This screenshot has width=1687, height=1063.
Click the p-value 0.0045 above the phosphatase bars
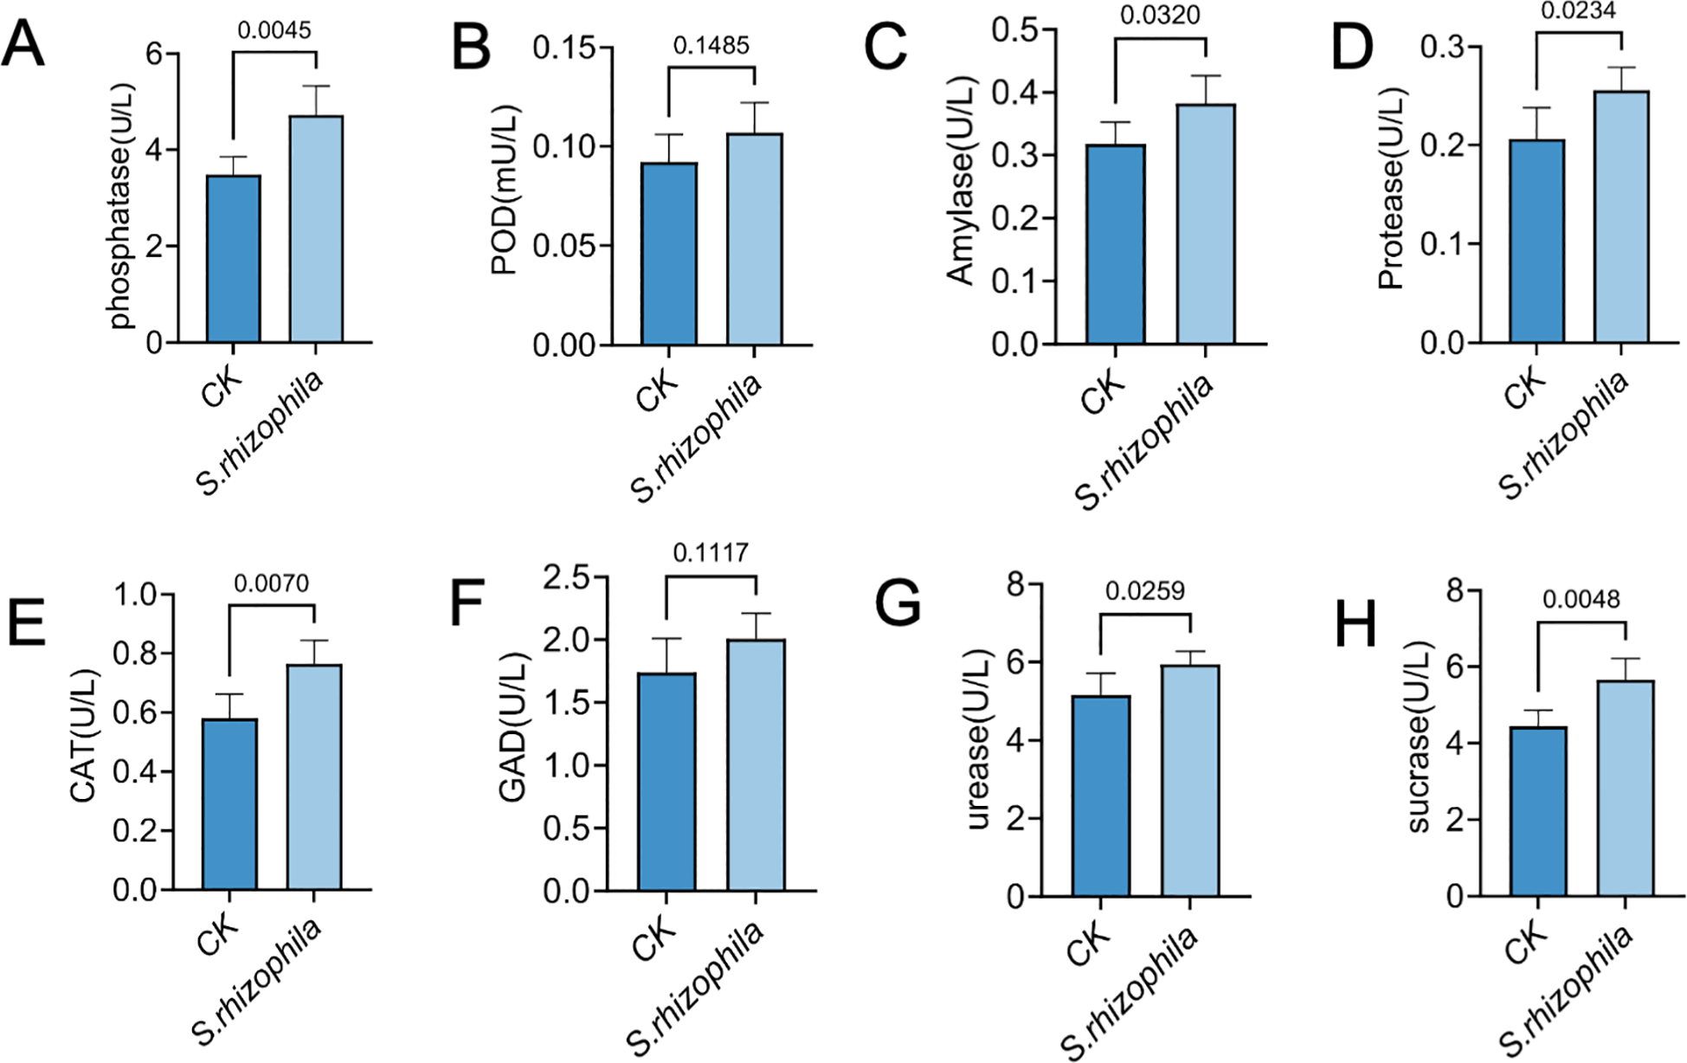coord(274,30)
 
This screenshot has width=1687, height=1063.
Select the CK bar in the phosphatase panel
coord(233,259)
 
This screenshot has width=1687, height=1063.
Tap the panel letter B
coord(471,48)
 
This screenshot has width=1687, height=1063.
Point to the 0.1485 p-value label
coord(711,45)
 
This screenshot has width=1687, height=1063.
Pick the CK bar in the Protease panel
coord(1536,242)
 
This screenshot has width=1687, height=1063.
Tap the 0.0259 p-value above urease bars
coord(1144,590)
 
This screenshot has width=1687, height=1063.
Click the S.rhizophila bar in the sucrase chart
coord(1625,787)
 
